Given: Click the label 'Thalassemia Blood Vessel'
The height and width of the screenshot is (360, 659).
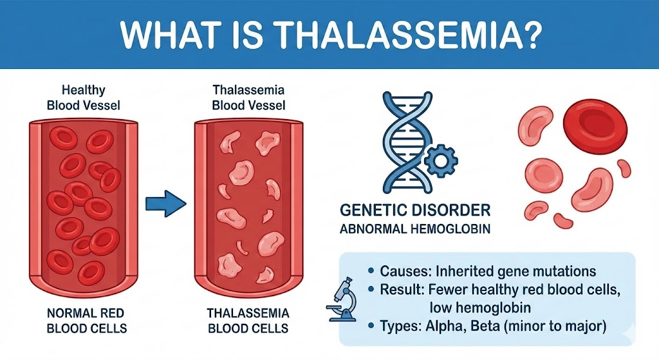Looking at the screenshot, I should coord(248,98).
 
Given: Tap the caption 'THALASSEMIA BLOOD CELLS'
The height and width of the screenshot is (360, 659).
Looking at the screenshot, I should coord(247,320).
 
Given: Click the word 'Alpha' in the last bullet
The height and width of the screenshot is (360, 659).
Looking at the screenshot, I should coord(443,327).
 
